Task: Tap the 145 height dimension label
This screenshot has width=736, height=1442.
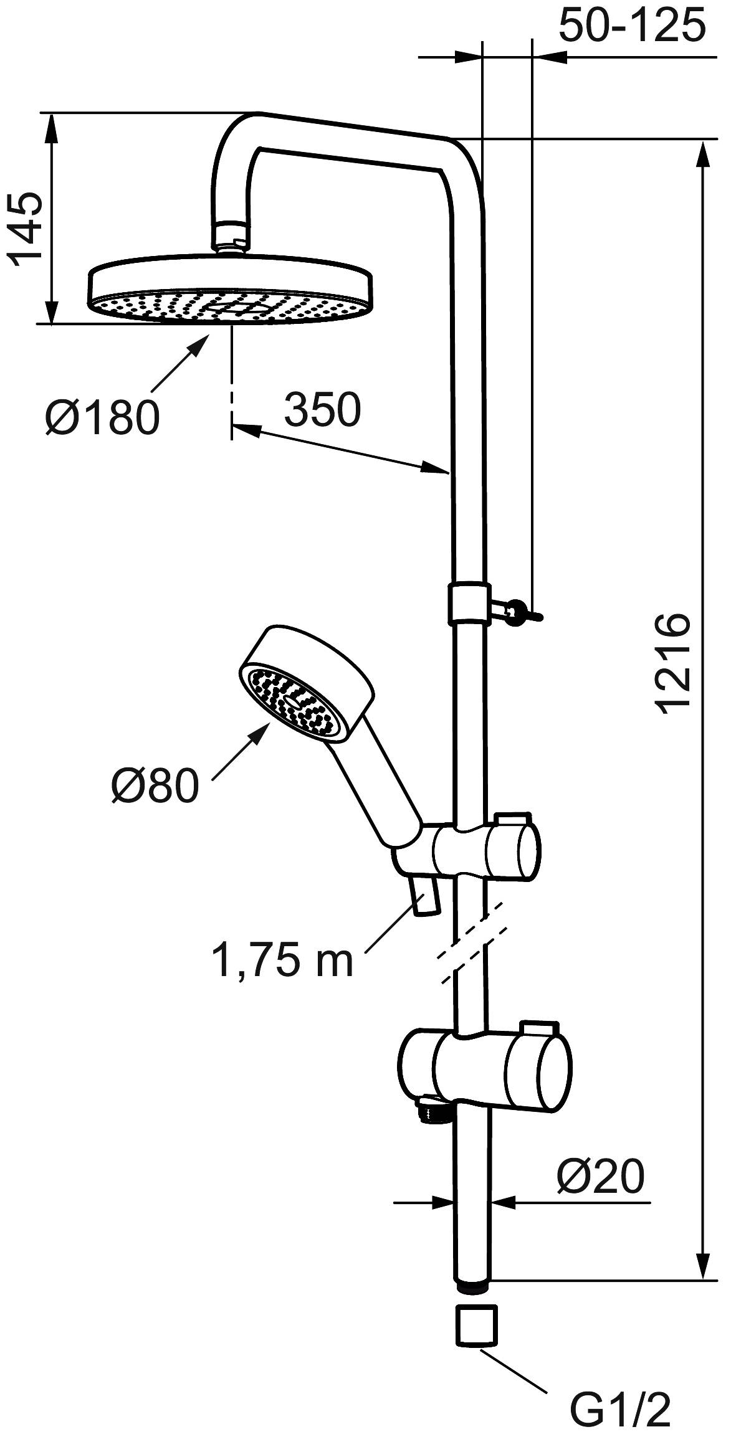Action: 26,229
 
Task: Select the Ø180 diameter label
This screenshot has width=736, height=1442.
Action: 102,417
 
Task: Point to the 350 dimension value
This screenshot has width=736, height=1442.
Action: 322,410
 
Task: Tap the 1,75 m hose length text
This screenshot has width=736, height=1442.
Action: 282,959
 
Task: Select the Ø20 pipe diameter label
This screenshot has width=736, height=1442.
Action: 599,1176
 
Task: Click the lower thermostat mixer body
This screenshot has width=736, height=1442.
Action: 485,1071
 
